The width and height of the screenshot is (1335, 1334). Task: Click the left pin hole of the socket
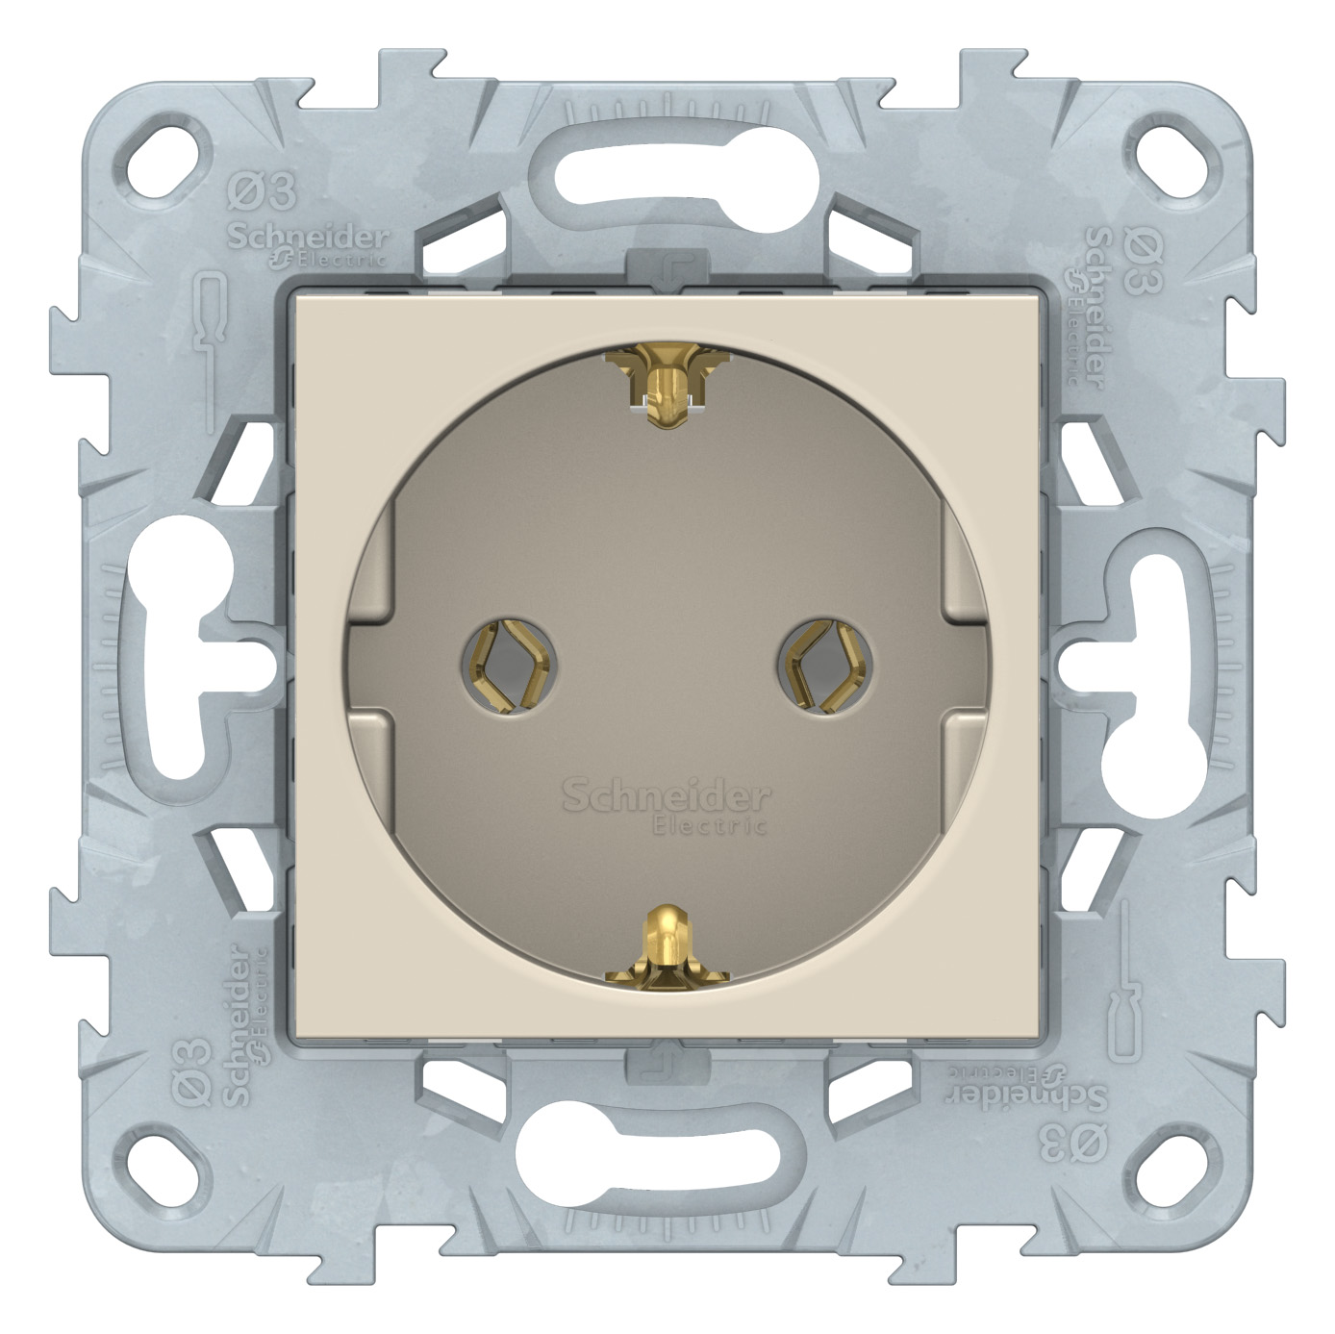pos(510,666)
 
